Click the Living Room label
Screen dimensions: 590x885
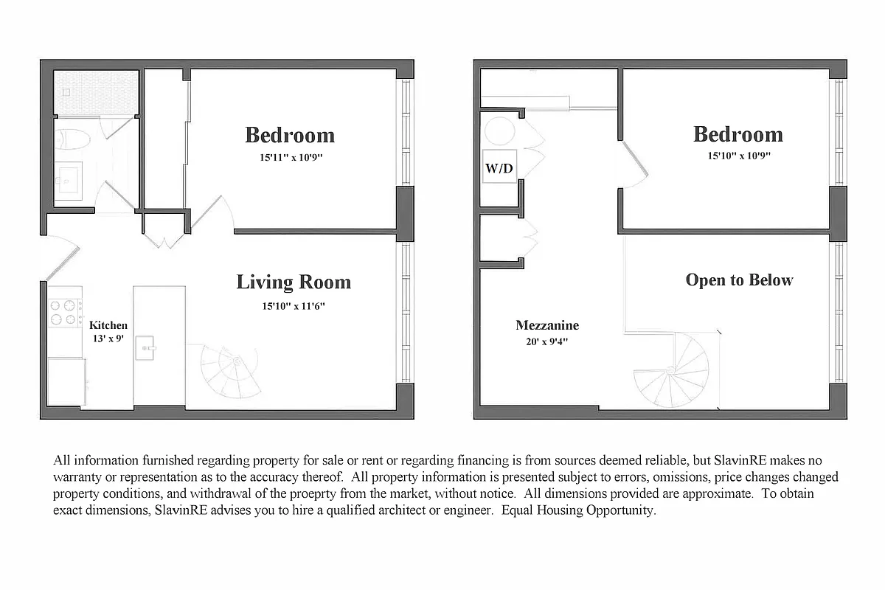click(294, 282)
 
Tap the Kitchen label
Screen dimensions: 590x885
click(108, 325)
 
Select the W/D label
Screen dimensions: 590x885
click(499, 169)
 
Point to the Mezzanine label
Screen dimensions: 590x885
click(547, 325)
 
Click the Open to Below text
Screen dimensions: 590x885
click(739, 280)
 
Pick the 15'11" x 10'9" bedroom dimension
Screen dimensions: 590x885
click(289, 157)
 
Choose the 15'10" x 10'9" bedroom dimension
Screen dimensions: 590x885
click(737, 156)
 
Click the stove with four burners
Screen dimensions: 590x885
click(65, 313)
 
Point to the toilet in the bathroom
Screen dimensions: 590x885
click(72, 137)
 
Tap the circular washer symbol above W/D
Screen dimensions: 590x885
click(499, 131)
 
